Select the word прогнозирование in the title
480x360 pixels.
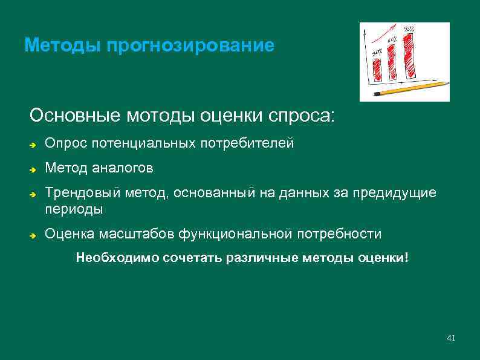(190, 46)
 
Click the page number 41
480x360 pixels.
(450, 338)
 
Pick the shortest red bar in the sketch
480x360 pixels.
(378, 69)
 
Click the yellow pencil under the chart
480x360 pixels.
(412, 89)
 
